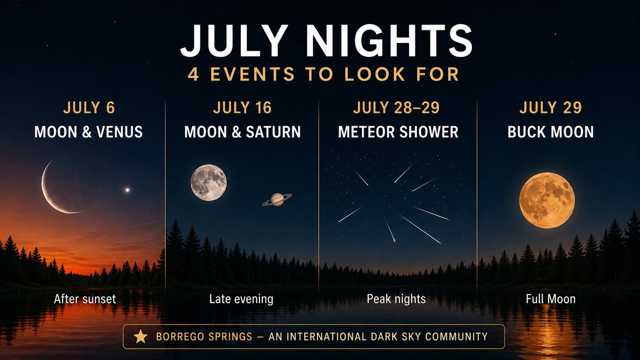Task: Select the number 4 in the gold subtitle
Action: coord(193,75)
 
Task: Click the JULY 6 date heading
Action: coord(89,108)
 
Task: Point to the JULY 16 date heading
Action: coord(242,108)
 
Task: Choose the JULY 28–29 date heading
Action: coord(396,108)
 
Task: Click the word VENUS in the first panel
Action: coord(119,132)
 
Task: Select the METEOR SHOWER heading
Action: coord(398,132)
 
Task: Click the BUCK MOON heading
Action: coord(550,132)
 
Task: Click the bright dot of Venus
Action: coord(127,190)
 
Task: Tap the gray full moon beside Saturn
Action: coord(209,183)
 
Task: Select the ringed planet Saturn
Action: coord(277,199)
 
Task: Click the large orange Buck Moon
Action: coord(547,200)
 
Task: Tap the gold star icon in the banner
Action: coord(140,336)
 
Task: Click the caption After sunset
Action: coord(85,299)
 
